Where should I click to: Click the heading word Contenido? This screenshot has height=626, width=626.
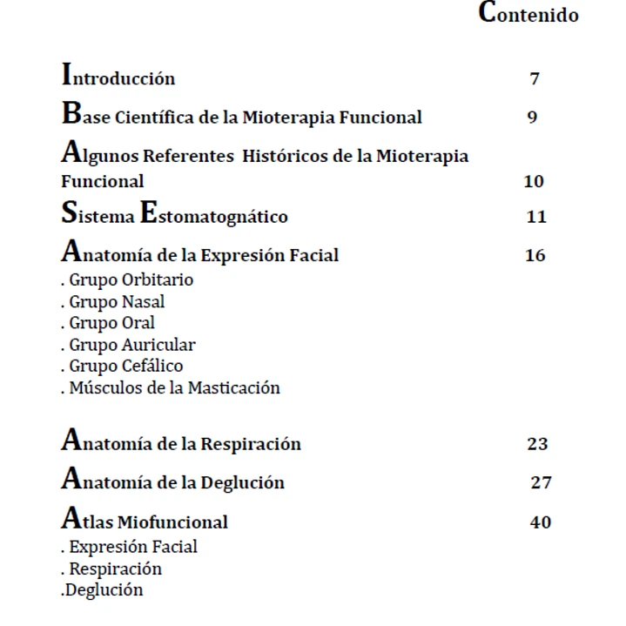click(x=528, y=15)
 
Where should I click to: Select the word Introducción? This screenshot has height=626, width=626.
click(x=118, y=77)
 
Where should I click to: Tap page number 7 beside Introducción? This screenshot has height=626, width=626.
click(x=535, y=79)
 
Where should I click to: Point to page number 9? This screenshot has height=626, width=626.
click(x=532, y=118)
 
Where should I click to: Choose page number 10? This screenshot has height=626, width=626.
click(x=534, y=182)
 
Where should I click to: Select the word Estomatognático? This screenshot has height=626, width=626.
click(x=213, y=216)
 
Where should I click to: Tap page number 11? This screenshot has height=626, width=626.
click(x=536, y=217)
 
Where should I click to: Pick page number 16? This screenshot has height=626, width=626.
click(x=535, y=256)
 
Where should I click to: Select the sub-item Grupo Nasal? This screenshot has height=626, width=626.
click(x=117, y=302)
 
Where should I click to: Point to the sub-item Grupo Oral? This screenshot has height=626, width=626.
click(x=111, y=323)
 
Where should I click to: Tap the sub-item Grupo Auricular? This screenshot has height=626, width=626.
click(x=131, y=345)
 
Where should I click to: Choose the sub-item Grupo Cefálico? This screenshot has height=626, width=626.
click(x=125, y=367)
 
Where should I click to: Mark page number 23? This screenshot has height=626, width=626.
click(x=537, y=444)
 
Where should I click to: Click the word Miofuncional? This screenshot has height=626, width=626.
click(x=172, y=522)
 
